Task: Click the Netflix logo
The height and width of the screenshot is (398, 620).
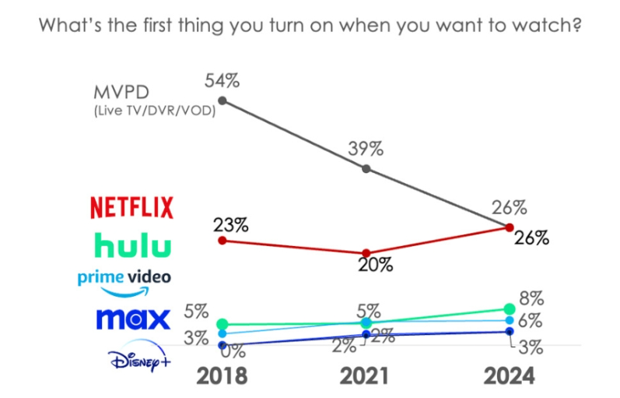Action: (131, 208)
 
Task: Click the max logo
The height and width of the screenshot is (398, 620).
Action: (132, 319)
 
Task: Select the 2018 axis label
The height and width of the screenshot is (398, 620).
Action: (222, 376)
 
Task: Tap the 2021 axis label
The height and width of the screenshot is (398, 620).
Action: (366, 376)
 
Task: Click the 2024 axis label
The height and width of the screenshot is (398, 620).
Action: (509, 376)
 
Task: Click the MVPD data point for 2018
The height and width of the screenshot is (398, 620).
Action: (222, 100)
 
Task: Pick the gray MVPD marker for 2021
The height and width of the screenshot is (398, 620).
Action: (366, 168)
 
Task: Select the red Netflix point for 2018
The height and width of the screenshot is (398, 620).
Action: (222, 241)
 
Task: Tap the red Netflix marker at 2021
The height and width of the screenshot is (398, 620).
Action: (366, 253)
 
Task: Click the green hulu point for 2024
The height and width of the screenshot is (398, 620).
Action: (510, 309)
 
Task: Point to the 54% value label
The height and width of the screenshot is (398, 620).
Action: (221, 79)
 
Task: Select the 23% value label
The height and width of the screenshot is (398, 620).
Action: (231, 226)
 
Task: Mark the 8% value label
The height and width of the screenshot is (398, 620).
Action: (531, 298)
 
